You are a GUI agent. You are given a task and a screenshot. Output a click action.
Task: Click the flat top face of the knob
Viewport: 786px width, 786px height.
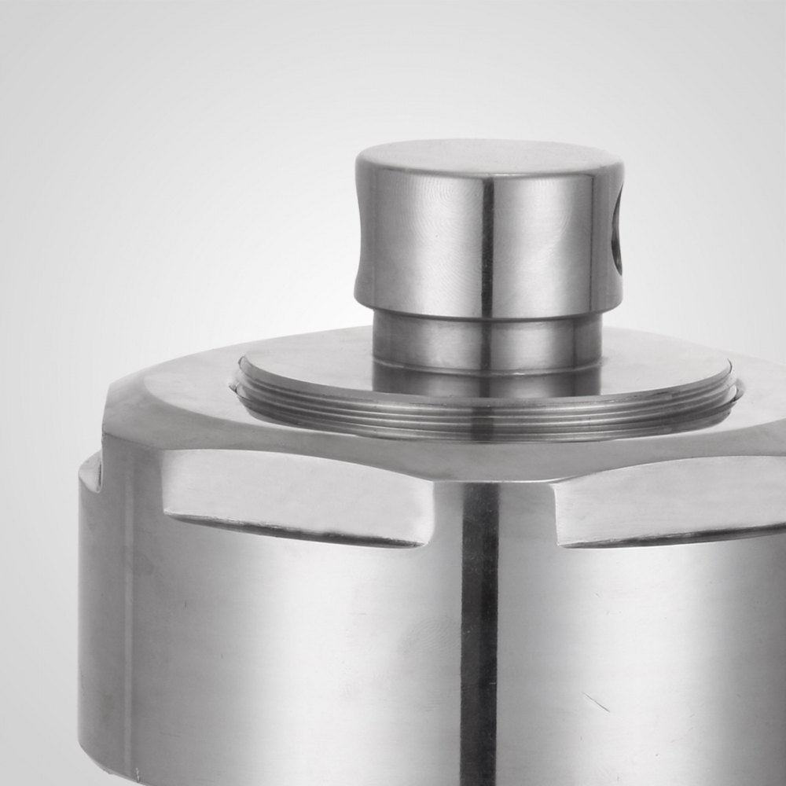click(x=487, y=157)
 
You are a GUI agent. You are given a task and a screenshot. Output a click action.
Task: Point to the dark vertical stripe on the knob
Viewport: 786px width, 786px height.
click(x=487, y=244)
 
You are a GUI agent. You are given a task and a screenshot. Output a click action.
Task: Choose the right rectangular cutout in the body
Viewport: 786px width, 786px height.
click(x=668, y=503)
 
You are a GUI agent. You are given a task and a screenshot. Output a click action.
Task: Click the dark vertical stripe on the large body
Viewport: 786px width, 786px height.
click(x=479, y=629)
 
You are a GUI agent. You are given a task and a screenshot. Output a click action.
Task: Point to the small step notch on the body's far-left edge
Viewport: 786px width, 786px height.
click(x=90, y=472)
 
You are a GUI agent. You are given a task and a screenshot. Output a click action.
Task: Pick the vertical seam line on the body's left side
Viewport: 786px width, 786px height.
click(x=126, y=629)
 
